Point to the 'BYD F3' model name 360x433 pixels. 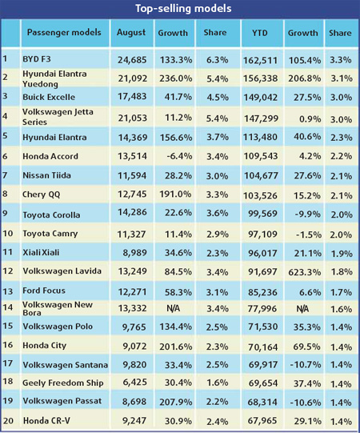[x=42, y=58]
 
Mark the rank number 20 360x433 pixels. [x=8, y=419]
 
